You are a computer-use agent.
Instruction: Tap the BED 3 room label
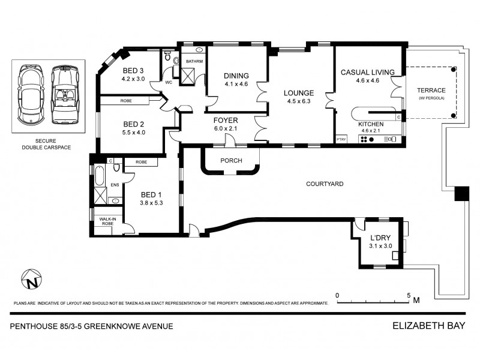(x=133, y=70)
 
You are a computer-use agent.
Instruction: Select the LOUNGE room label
(x=298, y=93)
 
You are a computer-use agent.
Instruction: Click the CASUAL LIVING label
(x=367, y=72)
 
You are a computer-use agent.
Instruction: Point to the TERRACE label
(x=431, y=91)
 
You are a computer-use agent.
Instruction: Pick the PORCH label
(x=231, y=160)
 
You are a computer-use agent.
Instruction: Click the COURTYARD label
(x=324, y=184)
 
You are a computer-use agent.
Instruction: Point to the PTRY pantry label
(x=342, y=139)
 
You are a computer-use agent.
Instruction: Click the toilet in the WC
(x=169, y=57)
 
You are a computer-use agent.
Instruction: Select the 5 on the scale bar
(x=408, y=295)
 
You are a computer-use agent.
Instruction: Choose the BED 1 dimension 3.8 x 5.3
(x=151, y=202)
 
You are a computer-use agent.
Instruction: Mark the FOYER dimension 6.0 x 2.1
(x=226, y=128)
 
